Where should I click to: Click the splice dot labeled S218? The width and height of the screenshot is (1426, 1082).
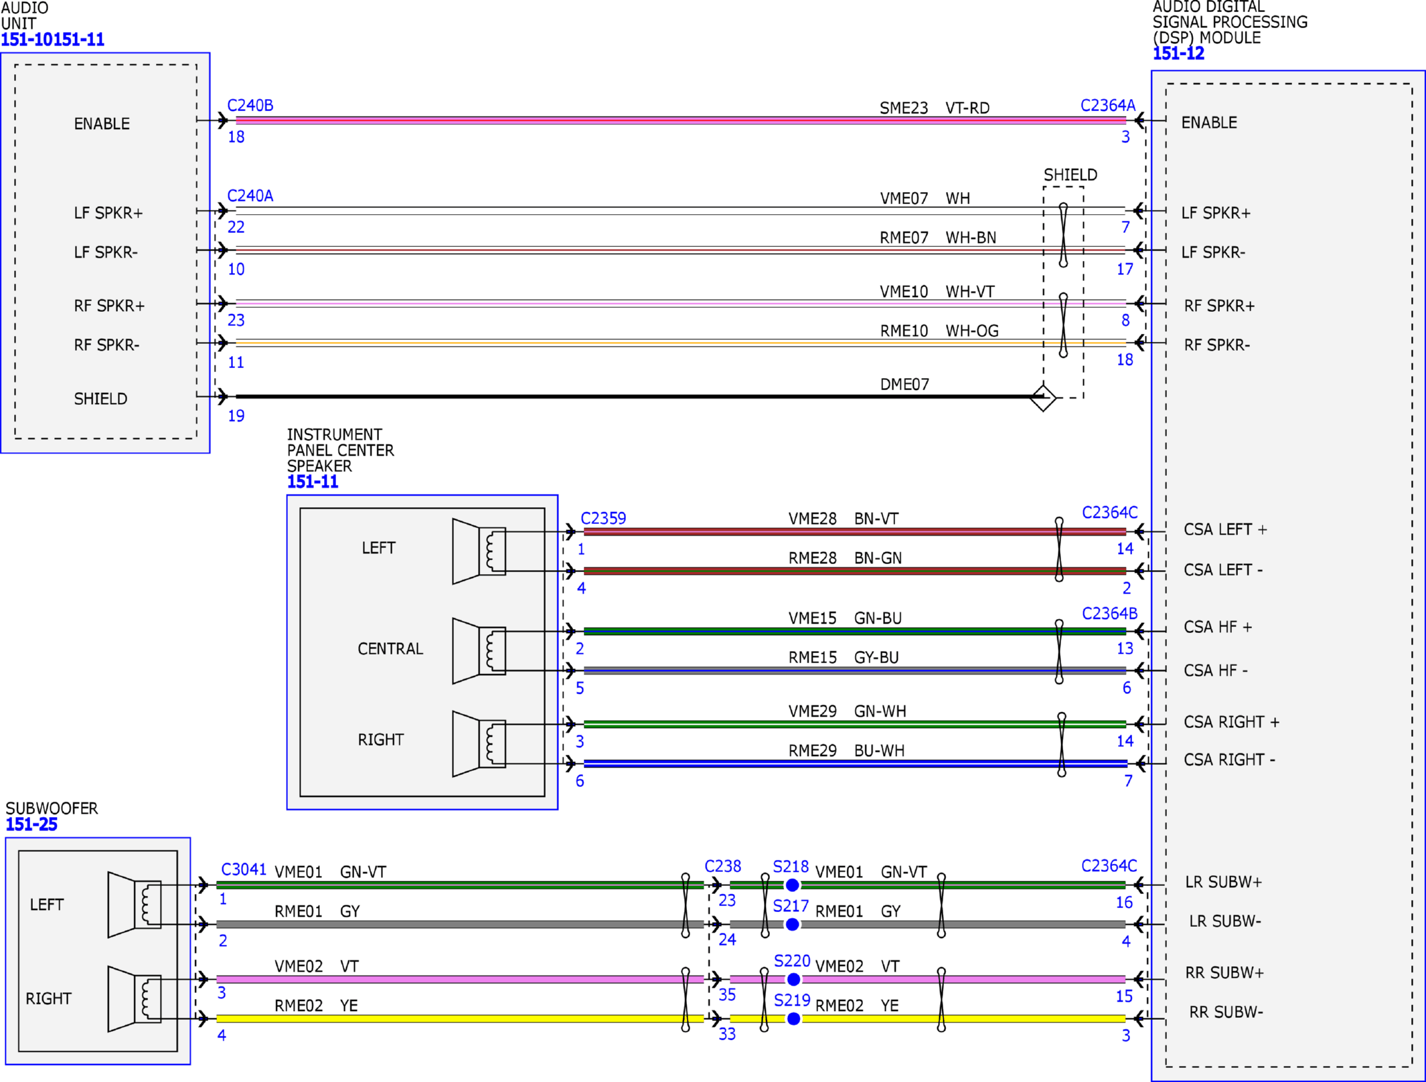tap(792, 885)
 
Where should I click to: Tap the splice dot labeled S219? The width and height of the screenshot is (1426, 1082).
tap(793, 1018)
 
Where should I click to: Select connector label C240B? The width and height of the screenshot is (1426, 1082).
tap(250, 105)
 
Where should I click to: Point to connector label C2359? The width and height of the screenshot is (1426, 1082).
tap(603, 518)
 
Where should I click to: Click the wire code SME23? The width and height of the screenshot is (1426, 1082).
tap(903, 108)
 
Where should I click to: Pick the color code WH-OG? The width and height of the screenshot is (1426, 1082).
tap(971, 331)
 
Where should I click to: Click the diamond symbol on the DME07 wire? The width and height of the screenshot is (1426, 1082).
tap(1042, 398)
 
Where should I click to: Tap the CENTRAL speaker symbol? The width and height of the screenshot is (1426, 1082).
tap(479, 650)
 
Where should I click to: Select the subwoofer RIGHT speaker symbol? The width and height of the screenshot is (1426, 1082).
tap(135, 998)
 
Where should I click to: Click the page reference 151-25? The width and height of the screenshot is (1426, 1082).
tap(31, 824)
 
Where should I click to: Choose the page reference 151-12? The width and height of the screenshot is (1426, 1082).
tap(1178, 54)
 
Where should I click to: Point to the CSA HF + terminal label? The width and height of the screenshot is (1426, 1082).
tap(1217, 627)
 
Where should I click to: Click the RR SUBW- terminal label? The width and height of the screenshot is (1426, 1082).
tap(1225, 1012)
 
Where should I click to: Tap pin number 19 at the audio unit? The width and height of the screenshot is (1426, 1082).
tap(236, 416)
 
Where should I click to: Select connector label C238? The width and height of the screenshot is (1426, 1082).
tap(722, 866)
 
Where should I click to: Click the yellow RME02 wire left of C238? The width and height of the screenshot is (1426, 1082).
tap(455, 1018)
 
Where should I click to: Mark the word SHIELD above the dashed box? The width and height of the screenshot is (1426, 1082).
tap(1070, 175)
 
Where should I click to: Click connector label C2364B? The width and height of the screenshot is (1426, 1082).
tap(1109, 613)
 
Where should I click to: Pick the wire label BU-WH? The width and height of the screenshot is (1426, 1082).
tap(878, 750)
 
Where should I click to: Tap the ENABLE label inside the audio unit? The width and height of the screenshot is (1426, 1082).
tap(102, 124)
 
